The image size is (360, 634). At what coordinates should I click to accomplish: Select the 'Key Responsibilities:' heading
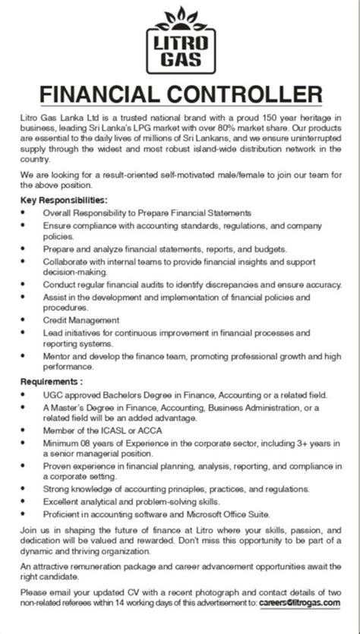pyautogui.click(x=58, y=199)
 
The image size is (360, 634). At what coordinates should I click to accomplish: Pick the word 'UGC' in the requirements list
pyautogui.click(x=52, y=395)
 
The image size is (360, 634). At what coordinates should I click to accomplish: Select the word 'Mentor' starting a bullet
pyautogui.click(x=56, y=355)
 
